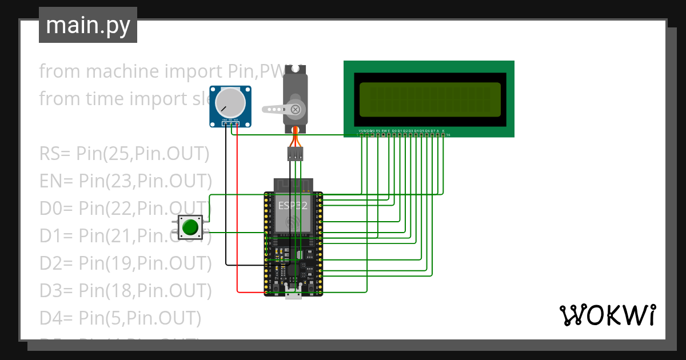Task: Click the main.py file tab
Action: pyautogui.click(x=87, y=25)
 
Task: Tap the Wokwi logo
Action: pyautogui.click(x=607, y=315)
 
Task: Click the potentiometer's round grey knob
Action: pyautogui.click(x=230, y=103)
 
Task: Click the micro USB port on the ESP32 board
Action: pyautogui.click(x=294, y=294)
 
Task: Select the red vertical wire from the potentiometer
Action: pyautogui.click(x=237, y=217)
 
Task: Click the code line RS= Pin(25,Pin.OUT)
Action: pyautogui.click(x=124, y=154)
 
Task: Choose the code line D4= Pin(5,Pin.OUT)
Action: pyautogui.click(x=120, y=318)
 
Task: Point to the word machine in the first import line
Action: pyautogui.click(x=122, y=71)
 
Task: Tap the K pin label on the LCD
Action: pyautogui.click(x=443, y=131)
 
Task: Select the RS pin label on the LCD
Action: pyautogui.click(x=378, y=131)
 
